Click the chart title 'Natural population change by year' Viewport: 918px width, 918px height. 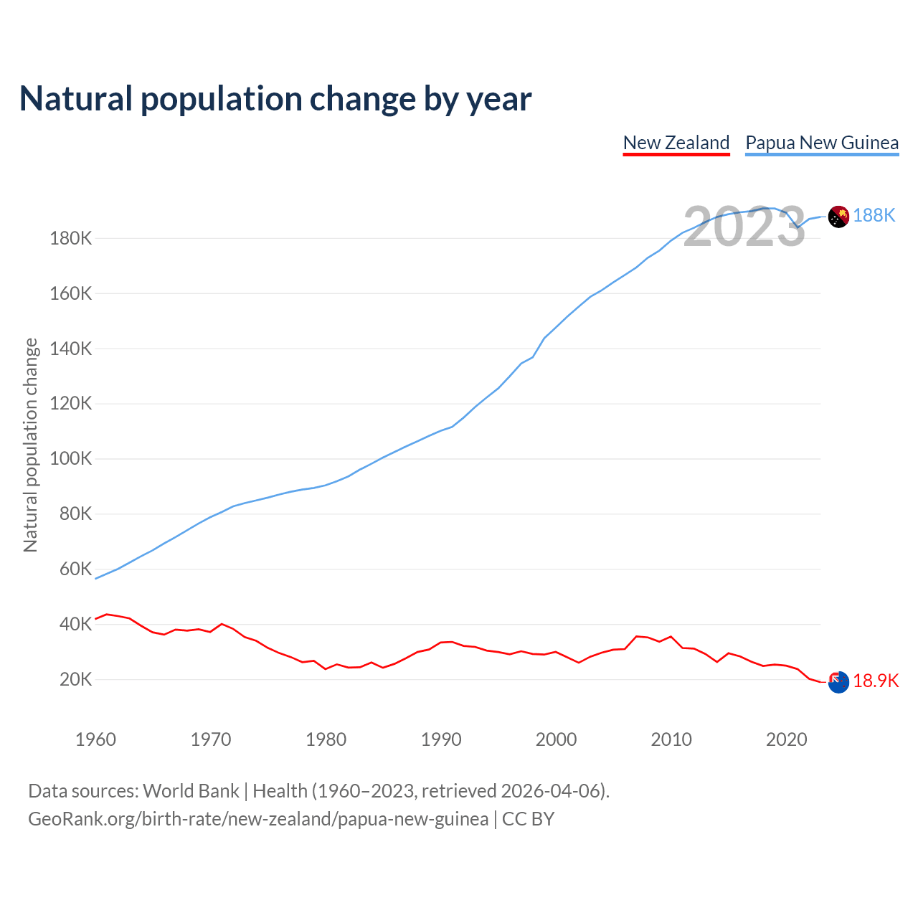tap(275, 99)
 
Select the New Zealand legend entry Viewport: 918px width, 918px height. tap(676, 143)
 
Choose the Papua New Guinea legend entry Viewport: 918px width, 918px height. tap(822, 143)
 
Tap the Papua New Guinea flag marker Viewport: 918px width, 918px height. tap(838, 216)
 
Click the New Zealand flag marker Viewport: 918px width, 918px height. tap(838, 682)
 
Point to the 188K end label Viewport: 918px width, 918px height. tap(874, 215)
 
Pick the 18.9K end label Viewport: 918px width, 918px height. tap(876, 681)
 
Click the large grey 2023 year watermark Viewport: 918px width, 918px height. tap(744, 227)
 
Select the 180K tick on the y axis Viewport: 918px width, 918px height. tap(71, 238)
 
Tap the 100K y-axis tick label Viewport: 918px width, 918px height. tap(71, 458)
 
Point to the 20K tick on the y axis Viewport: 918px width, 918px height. tap(75, 679)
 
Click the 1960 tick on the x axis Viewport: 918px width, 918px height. tap(95, 739)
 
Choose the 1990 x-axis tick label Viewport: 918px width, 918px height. tap(441, 739)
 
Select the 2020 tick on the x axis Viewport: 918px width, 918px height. tap(787, 739)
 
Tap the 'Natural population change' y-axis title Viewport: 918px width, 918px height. tap(30, 445)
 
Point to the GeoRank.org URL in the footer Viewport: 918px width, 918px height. tap(258, 819)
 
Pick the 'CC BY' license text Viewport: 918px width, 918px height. tap(529, 819)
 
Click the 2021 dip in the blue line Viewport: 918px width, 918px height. tap(798, 227)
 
